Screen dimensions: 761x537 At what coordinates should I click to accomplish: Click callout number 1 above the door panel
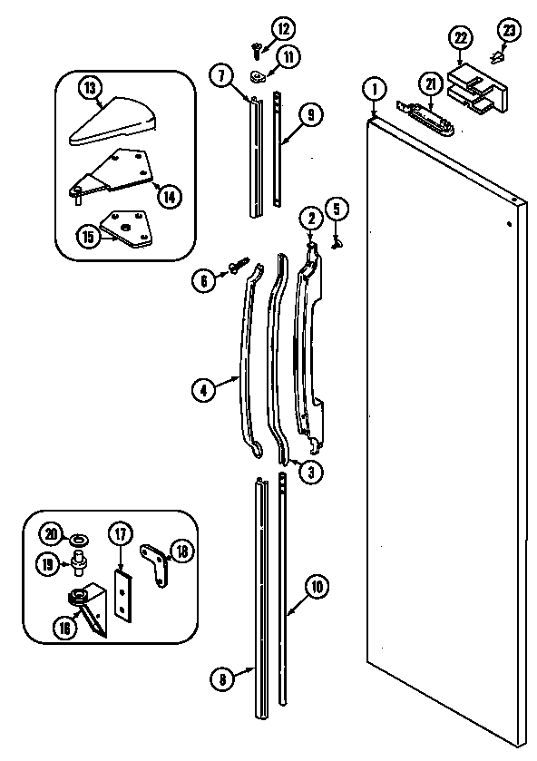point(373,90)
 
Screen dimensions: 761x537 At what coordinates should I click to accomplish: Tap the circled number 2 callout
point(310,218)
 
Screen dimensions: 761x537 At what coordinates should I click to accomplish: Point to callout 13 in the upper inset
point(90,89)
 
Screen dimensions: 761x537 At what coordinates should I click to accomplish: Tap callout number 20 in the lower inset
point(51,533)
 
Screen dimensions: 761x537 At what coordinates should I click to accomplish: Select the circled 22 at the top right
point(460,37)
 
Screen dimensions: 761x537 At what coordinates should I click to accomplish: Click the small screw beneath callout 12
point(254,43)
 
